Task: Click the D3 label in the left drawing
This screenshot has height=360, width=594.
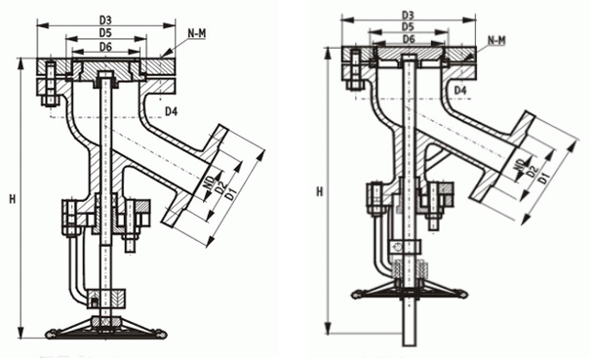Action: [105, 20]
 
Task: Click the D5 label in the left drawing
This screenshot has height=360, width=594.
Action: [105, 33]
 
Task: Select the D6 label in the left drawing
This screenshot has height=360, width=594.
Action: [105, 47]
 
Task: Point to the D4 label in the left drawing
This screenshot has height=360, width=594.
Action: [171, 111]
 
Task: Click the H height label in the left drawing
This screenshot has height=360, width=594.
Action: [12, 199]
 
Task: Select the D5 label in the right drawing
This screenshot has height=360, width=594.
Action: [408, 26]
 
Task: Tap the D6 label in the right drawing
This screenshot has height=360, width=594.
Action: [408, 39]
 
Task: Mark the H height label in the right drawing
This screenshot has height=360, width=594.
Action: [320, 192]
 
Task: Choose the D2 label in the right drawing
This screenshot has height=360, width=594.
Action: [534, 172]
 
